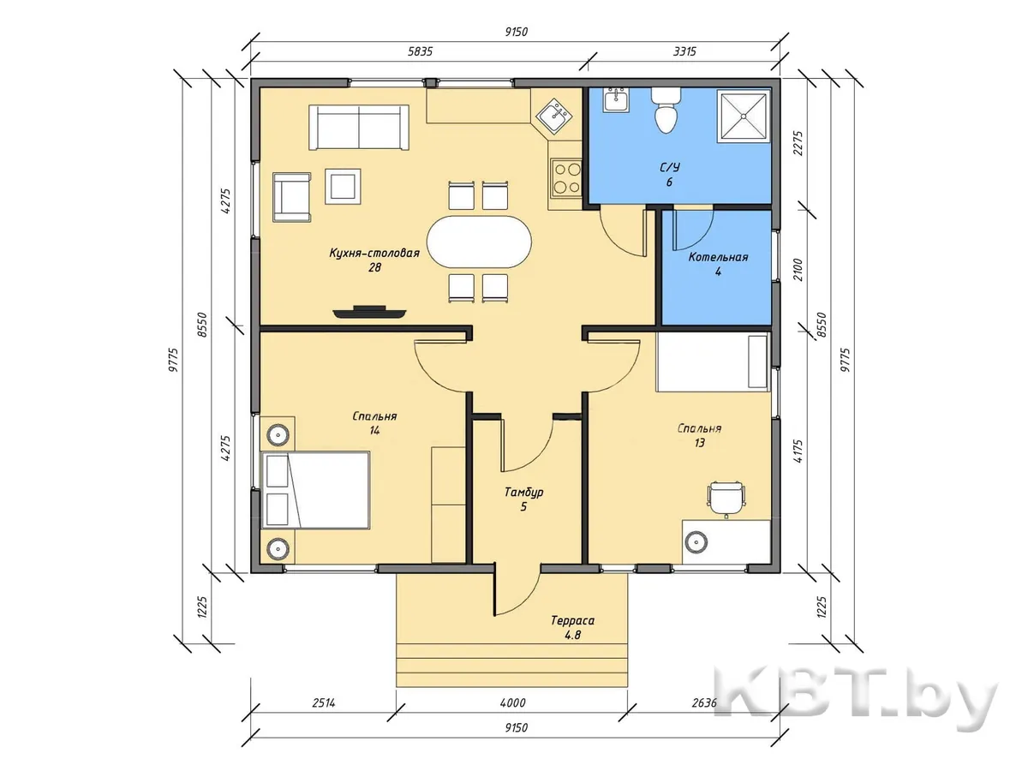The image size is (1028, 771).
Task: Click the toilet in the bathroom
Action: click(x=666, y=111)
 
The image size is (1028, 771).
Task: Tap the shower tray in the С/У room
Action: click(x=744, y=117)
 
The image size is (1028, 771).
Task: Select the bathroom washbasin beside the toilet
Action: click(x=616, y=99)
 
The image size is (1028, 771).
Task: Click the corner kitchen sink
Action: click(x=554, y=117)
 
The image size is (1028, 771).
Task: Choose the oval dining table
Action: click(x=479, y=242)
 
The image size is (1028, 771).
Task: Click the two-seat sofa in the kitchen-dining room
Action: click(x=358, y=128)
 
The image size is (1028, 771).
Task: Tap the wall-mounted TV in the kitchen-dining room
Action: click(x=369, y=312)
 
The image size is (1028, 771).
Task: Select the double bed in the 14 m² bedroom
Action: click(x=315, y=490)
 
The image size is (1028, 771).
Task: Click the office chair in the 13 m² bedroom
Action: click(x=726, y=499)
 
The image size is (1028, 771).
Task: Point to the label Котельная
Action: click(x=718, y=257)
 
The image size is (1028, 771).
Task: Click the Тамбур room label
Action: click(x=524, y=492)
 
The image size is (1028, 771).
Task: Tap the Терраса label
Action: click(x=572, y=621)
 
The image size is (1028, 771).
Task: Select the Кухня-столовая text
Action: click(x=374, y=254)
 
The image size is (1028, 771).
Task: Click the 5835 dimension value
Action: click(x=420, y=51)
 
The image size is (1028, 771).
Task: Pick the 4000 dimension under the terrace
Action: click(x=513, y=702)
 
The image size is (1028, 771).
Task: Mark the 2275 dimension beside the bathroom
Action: click(x=798, y=143)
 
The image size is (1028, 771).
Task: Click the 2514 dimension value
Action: click(x=323, y=702)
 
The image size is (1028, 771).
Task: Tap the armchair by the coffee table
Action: click(x=292, y=197)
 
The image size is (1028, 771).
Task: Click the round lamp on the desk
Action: click(x=696, y=542)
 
